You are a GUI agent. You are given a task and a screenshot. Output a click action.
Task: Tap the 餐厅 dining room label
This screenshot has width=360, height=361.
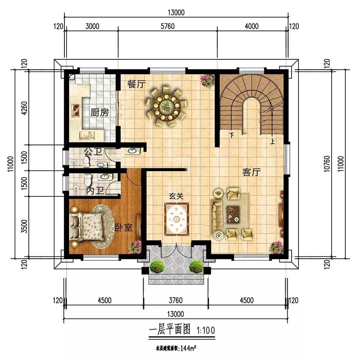point(136,84)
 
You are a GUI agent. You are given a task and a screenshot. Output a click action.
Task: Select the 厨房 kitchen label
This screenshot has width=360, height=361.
point(100,112)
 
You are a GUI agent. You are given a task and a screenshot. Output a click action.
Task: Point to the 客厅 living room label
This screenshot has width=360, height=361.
point(251,172)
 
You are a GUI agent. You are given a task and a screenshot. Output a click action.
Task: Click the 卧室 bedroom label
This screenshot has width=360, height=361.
point(124,228)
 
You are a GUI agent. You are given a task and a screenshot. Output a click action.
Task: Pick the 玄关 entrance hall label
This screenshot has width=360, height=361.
point(176,196)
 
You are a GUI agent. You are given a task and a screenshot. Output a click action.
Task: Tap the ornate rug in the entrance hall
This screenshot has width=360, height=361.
point(176,219)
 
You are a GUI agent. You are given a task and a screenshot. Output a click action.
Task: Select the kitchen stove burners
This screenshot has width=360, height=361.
point(76,110)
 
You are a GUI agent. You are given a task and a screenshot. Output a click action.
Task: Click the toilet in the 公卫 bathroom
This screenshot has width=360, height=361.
point(86,161)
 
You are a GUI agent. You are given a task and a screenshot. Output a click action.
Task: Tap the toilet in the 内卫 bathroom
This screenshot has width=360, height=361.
point(88,180)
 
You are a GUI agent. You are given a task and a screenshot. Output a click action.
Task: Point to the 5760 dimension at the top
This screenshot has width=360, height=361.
point(167,26)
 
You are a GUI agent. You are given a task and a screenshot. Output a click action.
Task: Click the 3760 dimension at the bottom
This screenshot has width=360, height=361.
point(176,300)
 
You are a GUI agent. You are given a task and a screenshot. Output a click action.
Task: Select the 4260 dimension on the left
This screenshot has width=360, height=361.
point(24,109)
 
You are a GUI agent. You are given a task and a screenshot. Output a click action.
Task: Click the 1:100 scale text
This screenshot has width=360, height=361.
point(206,330)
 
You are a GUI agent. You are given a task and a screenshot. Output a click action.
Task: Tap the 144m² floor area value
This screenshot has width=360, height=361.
point(188,348)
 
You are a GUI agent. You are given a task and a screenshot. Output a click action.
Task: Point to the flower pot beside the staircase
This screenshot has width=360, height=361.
point(207,81)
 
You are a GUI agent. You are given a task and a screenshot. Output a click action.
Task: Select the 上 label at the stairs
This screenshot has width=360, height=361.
point(273,141)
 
